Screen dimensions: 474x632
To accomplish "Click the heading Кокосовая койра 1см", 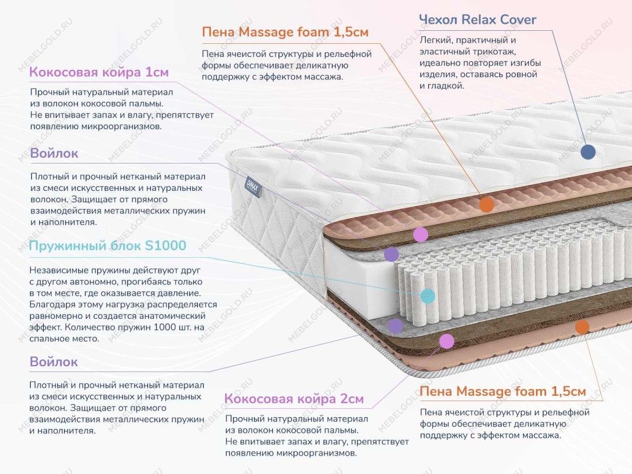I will coord(99,73).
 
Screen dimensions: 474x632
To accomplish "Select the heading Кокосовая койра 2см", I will coord(294,399).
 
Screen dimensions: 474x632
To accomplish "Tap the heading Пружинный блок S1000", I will coord(107,246).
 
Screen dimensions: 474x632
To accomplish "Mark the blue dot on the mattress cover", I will coord(588,152).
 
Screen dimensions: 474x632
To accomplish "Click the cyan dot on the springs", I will coord(428,296).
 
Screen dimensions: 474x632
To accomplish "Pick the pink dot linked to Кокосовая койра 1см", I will coord(421,234).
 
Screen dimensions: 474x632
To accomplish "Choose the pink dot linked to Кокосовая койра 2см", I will coord(447,341).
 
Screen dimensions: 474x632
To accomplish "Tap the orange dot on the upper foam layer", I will coord(486,205).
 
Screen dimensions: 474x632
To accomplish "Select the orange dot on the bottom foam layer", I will coord(582,326).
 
